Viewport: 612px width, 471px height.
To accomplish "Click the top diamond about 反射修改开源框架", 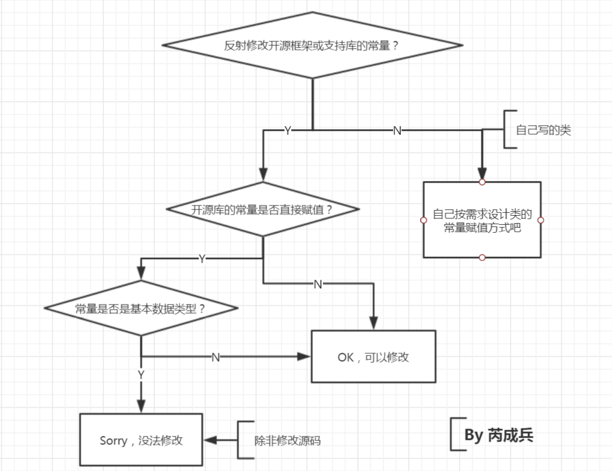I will pos(312,46).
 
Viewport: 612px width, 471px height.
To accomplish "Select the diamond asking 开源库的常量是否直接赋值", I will pos(262,209).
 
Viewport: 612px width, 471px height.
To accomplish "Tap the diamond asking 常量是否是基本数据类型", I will pos(140,309).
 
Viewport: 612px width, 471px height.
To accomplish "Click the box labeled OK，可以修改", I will pos(373,357).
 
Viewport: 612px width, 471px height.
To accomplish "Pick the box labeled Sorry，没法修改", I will pos(141,440).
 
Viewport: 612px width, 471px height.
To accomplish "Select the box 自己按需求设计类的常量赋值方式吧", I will pos(482,220).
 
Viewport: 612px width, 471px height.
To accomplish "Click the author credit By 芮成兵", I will pos(498,435).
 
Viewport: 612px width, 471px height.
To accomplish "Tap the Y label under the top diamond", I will pos(287,131).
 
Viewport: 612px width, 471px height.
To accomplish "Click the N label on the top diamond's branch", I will pos(397,131).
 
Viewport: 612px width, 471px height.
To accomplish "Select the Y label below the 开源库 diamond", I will pos(202,259).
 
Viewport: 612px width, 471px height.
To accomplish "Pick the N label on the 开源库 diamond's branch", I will pos(318,284).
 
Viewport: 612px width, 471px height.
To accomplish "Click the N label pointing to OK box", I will pos(216,357).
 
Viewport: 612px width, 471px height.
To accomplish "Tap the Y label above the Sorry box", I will pos(141,374).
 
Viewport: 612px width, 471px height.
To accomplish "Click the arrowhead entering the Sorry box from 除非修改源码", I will pos(209,440).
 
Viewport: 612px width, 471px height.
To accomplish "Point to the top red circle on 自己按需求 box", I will pos(482,182).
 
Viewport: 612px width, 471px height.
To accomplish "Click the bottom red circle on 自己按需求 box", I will pos(482,258).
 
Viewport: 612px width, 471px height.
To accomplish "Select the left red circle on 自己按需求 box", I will pos(424,220).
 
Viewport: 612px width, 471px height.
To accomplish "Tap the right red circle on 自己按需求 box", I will pos(541,220).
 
